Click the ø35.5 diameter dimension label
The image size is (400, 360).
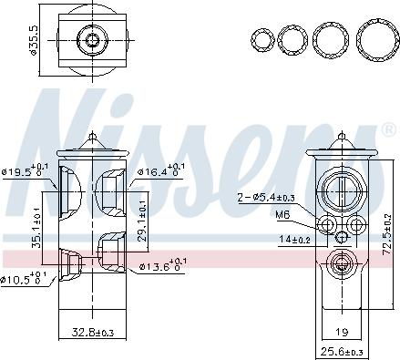tap(33, 40)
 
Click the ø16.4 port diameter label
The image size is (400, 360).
tap(161, 171)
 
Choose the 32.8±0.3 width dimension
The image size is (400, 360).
tap(93, 333)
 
